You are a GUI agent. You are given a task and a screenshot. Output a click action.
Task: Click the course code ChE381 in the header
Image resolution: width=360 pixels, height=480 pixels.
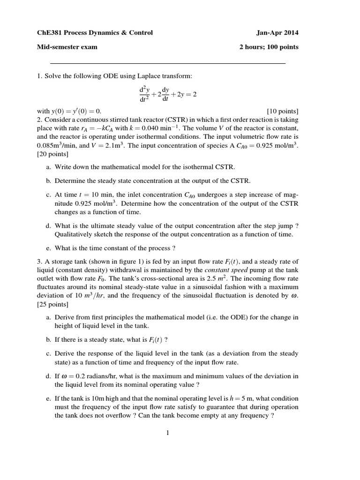click(50, 32)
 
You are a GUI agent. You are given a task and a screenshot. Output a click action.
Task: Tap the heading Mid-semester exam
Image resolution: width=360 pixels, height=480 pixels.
click(67, 47)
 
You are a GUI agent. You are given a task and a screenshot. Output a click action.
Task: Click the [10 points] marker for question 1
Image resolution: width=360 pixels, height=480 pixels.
click(283, 111)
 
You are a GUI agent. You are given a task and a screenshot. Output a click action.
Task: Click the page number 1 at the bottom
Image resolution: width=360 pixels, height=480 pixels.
click(167, 432)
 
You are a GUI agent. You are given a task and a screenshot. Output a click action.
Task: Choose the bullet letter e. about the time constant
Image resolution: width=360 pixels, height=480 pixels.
click(48, 248)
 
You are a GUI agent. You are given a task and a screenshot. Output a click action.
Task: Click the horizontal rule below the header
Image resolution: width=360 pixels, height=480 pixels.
click(167, 63)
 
